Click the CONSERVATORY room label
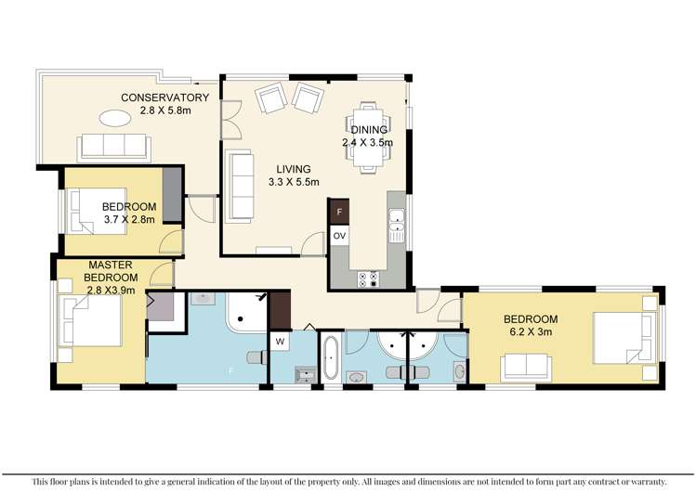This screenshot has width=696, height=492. click(x=164, y=97)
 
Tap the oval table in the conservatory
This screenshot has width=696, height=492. click(x=115, y=118)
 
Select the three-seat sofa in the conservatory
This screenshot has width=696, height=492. click(x=114, y=147)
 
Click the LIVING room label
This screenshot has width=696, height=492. click(x=294, y=169)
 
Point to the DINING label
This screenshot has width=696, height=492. click(x=369, y=129)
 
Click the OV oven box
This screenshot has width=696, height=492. click(x=339, y=236)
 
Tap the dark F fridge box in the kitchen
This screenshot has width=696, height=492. click(x=339, y=212)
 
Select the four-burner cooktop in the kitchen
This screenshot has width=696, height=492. click(x=369, y=278)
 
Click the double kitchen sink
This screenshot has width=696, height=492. click(x=397, y=226)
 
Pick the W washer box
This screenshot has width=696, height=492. click(x=281, y=342)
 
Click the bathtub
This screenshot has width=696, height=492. click(x=329, y=358)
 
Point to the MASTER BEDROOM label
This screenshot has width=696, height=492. click(x=111, y=271)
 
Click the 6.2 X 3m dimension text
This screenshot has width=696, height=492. click(x=531, y=331)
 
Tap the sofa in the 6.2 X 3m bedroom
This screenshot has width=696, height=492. click(x=526, y=368)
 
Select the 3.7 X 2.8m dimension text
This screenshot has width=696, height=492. click(x=129, y=219)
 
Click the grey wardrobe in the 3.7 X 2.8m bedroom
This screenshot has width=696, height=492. click(x=172, y=195)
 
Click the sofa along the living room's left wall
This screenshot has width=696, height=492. click(x=240, y=186)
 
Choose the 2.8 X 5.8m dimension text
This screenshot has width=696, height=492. click(x=165, y=110)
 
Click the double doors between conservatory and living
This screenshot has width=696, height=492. click(x=230, y=120)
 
